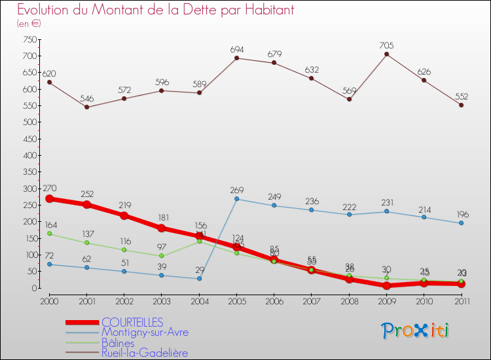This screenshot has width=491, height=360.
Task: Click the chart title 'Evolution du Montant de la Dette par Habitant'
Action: point(156,10)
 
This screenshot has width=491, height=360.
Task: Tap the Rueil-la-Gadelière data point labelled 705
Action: point(386,54)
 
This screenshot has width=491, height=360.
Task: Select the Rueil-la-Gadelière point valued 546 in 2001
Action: point(87,107)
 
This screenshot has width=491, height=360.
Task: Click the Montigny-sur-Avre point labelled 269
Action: point(237,199)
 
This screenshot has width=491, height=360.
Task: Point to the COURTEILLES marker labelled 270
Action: point(50,198)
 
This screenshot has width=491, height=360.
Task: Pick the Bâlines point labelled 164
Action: point(50,234)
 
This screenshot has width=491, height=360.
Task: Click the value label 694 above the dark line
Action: point(237,50)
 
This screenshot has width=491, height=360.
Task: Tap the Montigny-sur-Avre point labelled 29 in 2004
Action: point(200,278)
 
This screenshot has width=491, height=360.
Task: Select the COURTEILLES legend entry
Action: point(132,322)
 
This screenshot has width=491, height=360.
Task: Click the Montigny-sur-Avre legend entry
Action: point(145,333)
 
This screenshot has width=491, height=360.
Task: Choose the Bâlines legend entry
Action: point(118,343)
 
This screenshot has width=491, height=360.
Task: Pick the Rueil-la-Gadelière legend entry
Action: point(145,353)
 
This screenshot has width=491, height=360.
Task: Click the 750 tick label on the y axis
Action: point(29,39)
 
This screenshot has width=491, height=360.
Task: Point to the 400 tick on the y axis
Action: point(29,155)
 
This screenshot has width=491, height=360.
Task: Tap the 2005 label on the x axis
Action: point(237,300)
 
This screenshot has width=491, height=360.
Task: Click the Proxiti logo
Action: point(415,331)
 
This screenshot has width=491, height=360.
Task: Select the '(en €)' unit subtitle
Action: point(29,24)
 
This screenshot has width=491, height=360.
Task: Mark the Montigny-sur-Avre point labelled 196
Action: point(461,223)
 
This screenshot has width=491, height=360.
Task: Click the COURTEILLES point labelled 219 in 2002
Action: point(124,215)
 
